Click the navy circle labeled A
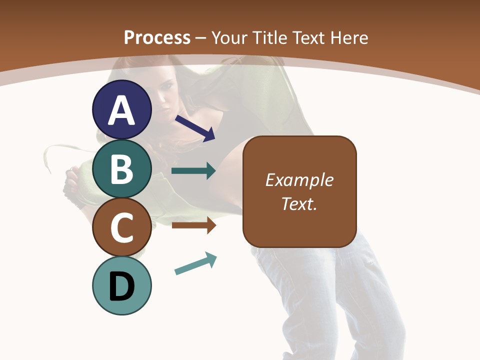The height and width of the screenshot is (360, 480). point(122,109)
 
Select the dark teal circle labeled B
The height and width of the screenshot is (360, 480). point(122,168)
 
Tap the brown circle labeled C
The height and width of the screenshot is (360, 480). point(122,227)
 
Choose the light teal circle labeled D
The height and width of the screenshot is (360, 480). point(122,285)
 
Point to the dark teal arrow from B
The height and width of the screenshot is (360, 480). point(193,171)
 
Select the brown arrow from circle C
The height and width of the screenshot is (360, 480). point(193,225)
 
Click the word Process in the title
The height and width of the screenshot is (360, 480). point(157,37)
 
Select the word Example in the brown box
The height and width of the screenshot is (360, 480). point(299,180)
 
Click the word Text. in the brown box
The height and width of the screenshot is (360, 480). point(299,203)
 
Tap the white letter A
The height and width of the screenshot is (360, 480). point(122,110)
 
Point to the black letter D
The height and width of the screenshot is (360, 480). point(122,286)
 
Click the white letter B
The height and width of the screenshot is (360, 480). point(122,169)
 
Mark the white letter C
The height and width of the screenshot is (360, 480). point(122,227)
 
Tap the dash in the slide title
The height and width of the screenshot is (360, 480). point(201,38)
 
